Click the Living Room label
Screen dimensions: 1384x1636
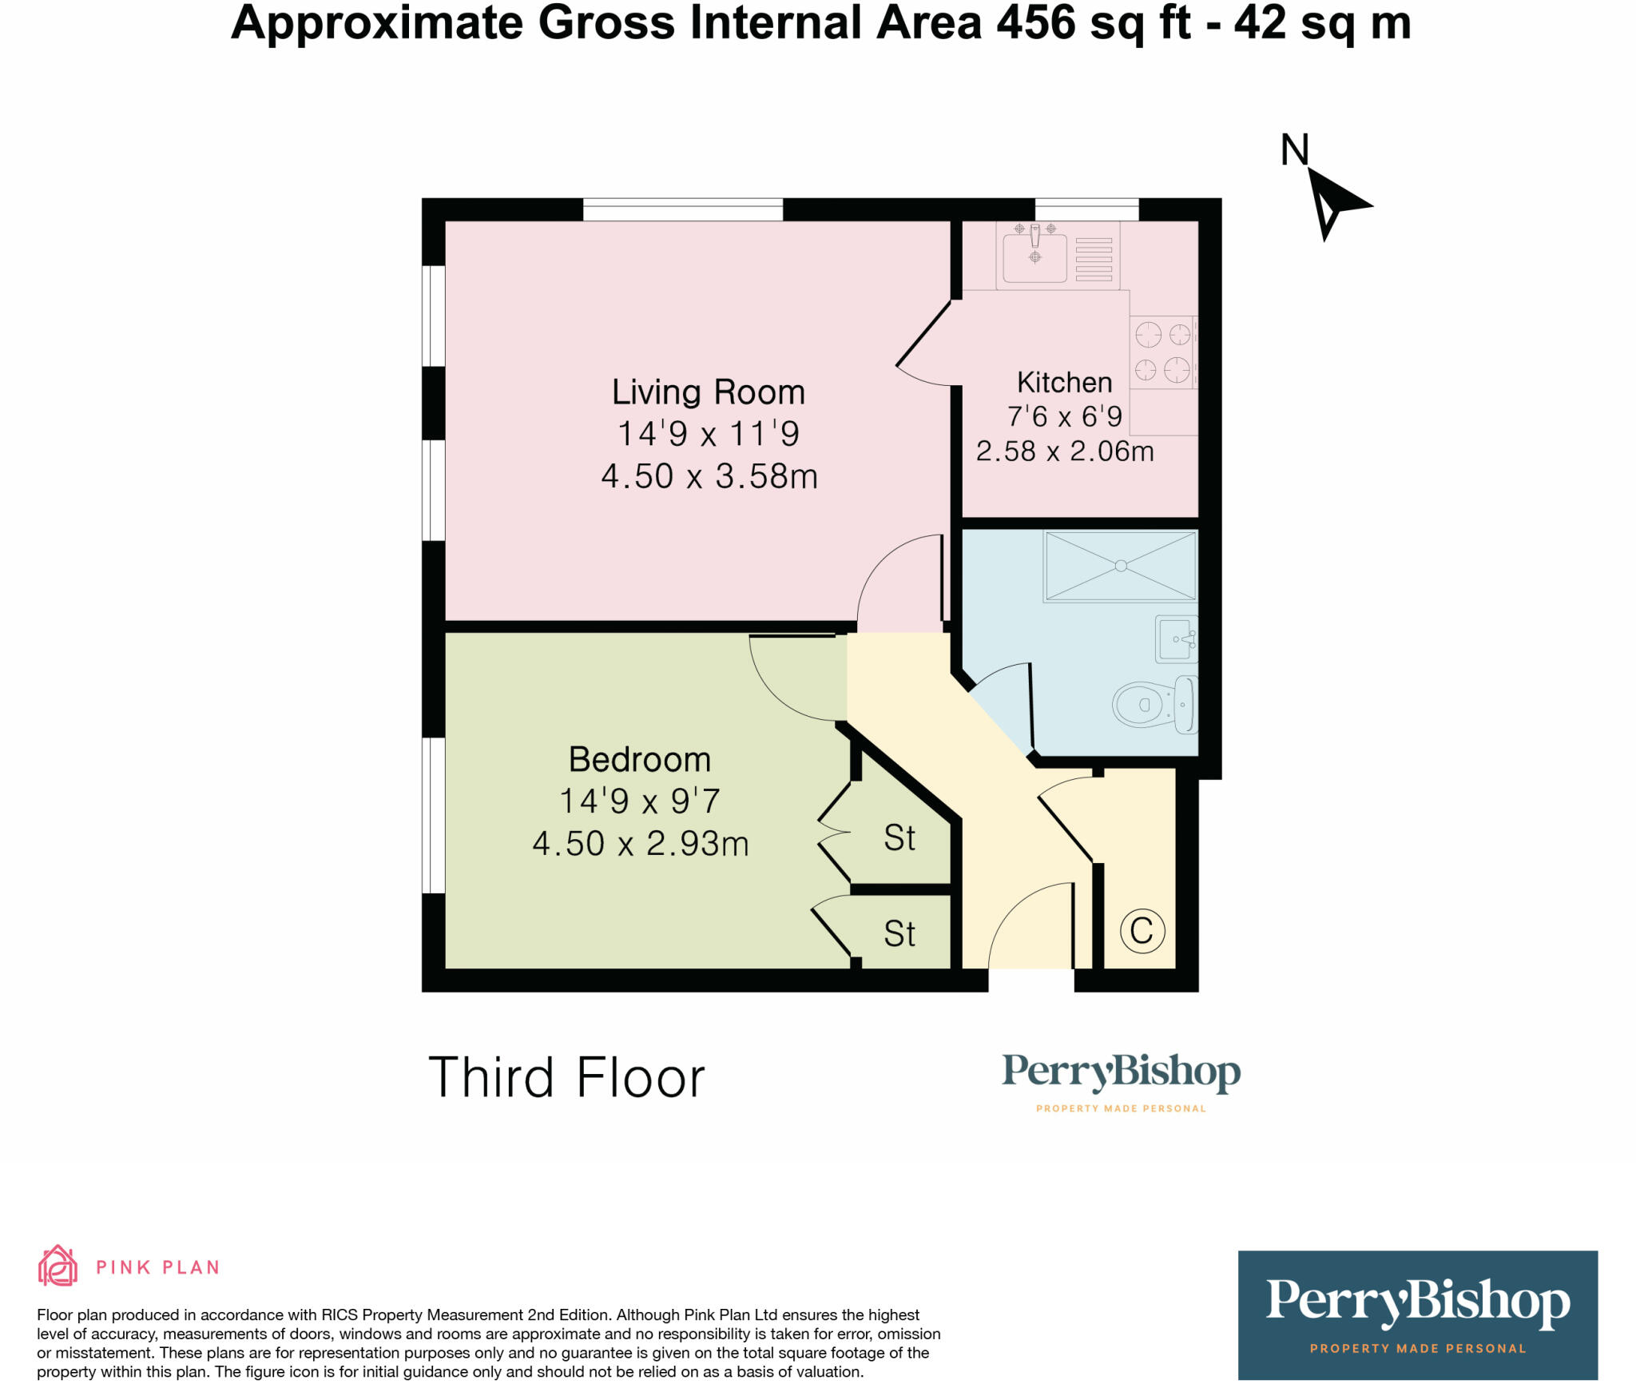(x=708, y=392)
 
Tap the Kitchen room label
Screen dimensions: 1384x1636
(x=1064, y=383)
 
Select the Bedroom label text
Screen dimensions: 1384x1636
(x=639, y=759)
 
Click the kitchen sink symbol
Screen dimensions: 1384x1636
(x=1034, y=253)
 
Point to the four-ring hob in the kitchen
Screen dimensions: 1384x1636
(x=1163, y=352)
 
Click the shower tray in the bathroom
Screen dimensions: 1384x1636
(x=1120, y=566)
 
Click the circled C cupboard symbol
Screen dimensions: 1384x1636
(x=1142, y=930)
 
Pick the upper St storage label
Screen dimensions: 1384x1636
(x=899, y=838)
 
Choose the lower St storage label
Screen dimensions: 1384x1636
(x=899, y=933)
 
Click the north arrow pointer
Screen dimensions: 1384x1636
(x=1334, y=202)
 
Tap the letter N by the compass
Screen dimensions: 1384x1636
(x=1294, y=149)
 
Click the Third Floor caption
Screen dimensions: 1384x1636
(x=566, y=1077)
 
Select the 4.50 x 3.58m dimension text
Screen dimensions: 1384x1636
(x=709, y=476)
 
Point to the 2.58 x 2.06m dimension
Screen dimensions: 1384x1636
(x=1065, y=451)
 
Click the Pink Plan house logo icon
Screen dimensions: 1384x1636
(x=58, y=1267)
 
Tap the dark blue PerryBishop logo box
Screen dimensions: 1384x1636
(x=1417, y=1314)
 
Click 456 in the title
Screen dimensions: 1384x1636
(x=1035, y=22)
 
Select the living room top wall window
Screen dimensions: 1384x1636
(x=683, y=209)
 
